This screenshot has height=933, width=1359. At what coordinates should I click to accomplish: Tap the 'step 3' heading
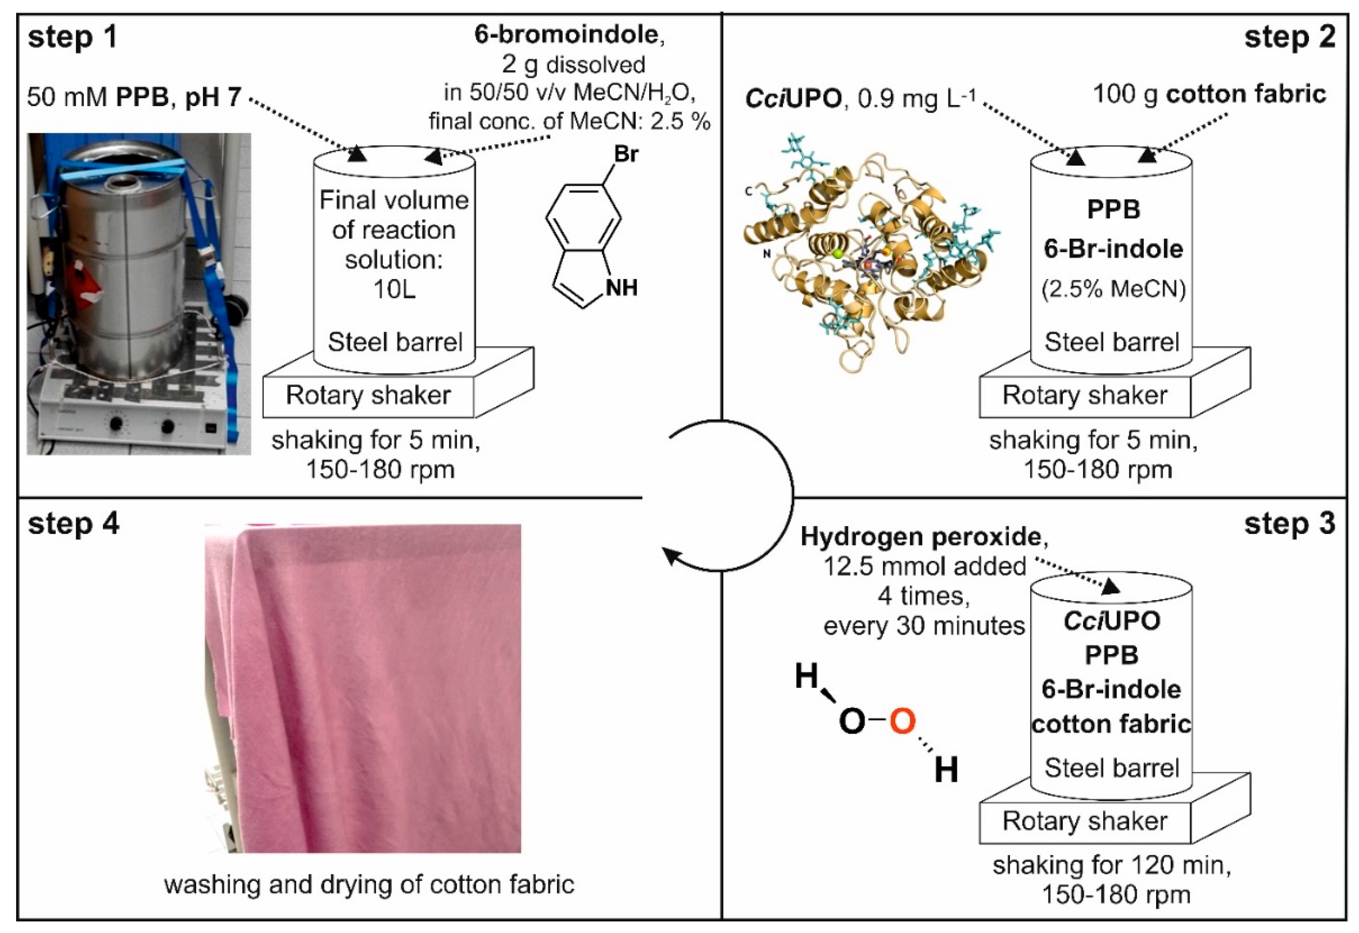(x=1290, y=524)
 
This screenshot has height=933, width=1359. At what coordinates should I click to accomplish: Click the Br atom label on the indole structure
(x=626, y=154)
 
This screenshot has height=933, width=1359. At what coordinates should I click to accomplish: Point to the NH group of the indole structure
(x=621, y=287)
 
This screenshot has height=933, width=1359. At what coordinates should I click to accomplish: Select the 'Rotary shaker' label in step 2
(x=1085, y=396)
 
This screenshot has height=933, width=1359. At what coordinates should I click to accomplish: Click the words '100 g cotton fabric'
(x=1209, y=95)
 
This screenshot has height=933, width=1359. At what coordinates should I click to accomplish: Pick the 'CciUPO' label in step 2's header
(x=793, y=100)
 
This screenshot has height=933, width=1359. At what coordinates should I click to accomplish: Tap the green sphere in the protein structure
(x=838, y=253)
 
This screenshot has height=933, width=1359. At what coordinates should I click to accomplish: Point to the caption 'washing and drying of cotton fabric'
(x=369, y=885)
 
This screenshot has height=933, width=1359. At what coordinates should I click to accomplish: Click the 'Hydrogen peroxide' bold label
(x=923, y=537)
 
